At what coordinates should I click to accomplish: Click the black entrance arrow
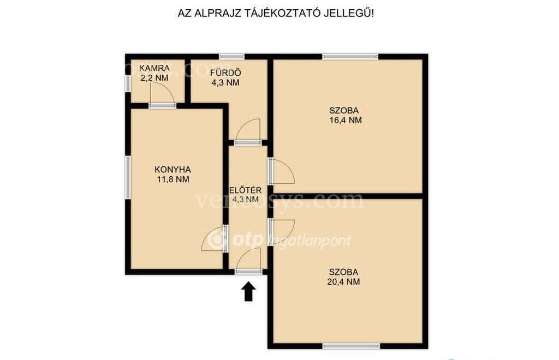248,292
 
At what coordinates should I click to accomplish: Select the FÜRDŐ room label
225,73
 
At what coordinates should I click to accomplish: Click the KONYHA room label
173,170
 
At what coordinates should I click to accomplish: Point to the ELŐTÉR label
246,190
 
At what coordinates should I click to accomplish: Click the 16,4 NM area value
346,121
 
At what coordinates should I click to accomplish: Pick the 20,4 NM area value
343,282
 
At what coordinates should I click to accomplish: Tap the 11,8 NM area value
173,179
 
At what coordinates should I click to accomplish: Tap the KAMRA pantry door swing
162,94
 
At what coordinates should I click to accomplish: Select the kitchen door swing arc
214,239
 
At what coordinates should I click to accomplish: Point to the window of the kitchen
127,177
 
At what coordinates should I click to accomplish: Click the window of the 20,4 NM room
352,346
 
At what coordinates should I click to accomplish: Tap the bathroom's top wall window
231,56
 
